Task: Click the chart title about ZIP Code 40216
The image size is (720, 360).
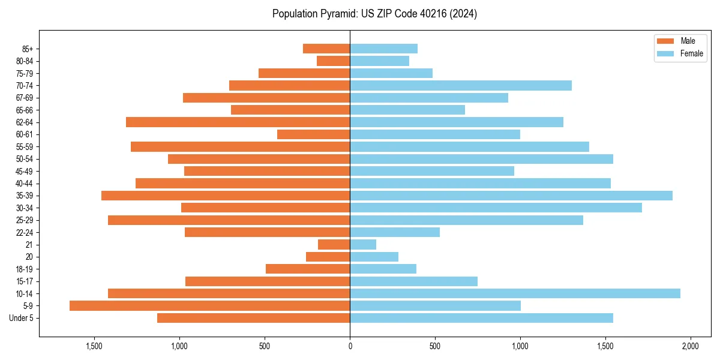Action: coord(374,14)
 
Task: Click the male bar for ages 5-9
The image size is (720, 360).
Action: coord(209,306)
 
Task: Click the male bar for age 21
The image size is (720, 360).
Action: coord(334,245)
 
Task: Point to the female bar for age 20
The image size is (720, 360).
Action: coord(374,257)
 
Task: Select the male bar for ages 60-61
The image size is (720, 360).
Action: coord(314,134)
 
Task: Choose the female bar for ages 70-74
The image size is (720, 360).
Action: coord(461,85)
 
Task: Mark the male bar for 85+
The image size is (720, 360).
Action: coord(326,49)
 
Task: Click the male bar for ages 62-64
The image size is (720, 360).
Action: coord(238,122)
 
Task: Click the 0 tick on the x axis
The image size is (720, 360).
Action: coord(350,346)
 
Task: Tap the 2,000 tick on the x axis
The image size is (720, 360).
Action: coord(691,346)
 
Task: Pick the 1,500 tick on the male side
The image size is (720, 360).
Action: coord(94,346)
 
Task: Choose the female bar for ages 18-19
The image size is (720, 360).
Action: coord(383,269)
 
